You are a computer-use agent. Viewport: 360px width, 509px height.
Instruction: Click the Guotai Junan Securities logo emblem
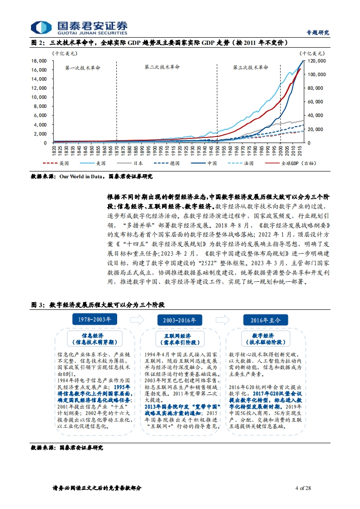(x=41, y=28)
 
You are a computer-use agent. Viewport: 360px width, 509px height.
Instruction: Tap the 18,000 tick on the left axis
(x=39, y=61)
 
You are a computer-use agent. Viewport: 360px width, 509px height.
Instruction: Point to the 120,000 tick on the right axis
(x=316, y=61)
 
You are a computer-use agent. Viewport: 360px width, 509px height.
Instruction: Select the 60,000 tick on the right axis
(x=315, y=102)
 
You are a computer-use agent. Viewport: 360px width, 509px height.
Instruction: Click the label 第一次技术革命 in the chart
(x=83, y=68)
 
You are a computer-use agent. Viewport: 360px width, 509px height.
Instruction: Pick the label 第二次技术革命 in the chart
(x=162, y=67)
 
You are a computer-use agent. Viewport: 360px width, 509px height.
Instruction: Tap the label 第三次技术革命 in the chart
(x=251, y=67)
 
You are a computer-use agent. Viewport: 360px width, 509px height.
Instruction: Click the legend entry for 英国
(x=55, y=163)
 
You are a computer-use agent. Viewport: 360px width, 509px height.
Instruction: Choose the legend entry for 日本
(x=130, y=163)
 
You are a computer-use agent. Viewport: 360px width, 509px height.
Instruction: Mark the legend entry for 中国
(x=204, y=163)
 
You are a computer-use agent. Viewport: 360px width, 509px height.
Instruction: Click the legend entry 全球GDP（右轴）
(x=291, y=163)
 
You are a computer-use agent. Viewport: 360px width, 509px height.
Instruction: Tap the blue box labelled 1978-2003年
(x=94, y=319)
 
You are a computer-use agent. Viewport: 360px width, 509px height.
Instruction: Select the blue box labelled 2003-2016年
(x=180, y=320)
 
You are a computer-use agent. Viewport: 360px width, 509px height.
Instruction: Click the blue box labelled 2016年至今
(x=266, y=320)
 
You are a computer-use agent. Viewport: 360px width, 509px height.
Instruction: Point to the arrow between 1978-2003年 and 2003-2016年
(x=137, y=320)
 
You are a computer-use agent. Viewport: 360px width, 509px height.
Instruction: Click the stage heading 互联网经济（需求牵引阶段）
(x=180, y=339)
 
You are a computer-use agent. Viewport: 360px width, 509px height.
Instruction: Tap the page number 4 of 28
(x=303, y=488)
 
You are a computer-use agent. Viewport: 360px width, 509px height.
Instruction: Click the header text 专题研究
(x=318, y=33)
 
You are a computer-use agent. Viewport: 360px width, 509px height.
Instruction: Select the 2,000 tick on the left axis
(x=40, y=134)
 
